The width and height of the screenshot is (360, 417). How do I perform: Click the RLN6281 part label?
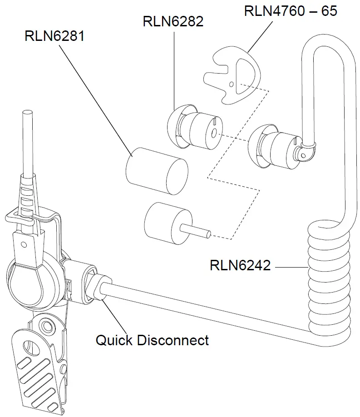pyautogui.click(x=54, y=36)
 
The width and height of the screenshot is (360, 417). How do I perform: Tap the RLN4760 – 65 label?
pyautogui.click(x=291, y=10)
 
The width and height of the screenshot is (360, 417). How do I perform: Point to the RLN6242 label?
pyautogui.click(x=240, y=265)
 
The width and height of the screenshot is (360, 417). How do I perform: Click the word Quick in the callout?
pyautogui.click(x=114, y=340)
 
